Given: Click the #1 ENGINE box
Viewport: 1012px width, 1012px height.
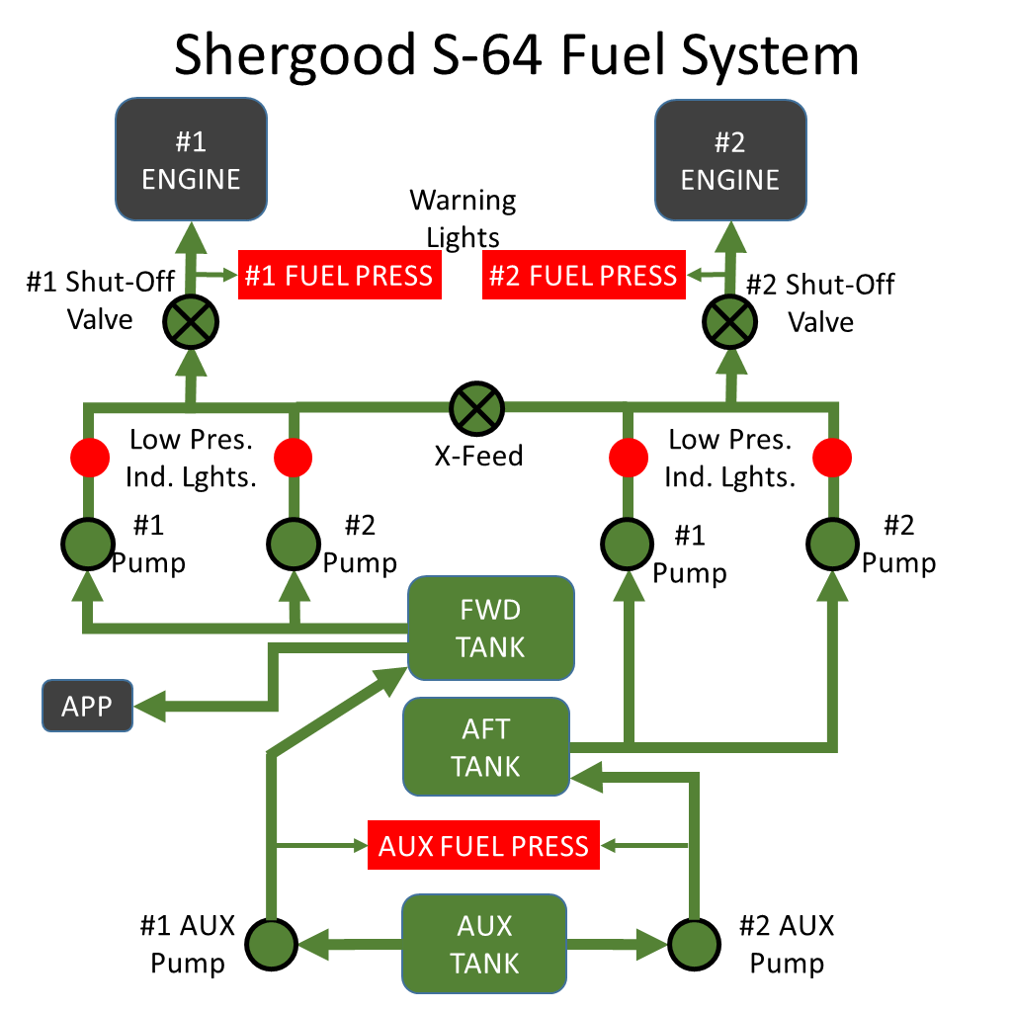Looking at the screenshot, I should [x=191, y=160].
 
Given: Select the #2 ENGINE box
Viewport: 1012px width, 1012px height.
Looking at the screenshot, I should [x=730, y=160].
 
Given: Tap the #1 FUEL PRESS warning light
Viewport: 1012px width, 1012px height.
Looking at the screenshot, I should [x=338, y=275].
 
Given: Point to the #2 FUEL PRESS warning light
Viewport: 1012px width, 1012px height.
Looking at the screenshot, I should [x=583, y=275].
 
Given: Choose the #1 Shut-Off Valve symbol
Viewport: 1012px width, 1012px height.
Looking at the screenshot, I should [x=190, y=321].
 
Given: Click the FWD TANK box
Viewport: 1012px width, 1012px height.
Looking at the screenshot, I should [x=491, y=629].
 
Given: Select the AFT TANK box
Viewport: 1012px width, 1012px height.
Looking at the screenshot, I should [x=486, y=747].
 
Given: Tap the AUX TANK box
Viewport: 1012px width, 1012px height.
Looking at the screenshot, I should [x=484, y=944].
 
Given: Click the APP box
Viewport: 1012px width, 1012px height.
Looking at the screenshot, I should [x=87, y=707].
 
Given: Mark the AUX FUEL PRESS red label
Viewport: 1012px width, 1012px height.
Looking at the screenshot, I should [x=483, y=845].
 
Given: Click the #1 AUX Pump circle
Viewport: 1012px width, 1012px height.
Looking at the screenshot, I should [x=273, y=945].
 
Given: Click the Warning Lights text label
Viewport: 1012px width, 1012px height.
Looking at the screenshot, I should [x=464, y=218].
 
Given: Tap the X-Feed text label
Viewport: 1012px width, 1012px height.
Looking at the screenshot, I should [x=478, y=457].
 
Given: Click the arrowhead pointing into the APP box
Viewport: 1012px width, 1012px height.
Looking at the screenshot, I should [x=150, y=707].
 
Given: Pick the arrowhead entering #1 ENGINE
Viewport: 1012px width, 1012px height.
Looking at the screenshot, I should [x=190, y=236].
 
